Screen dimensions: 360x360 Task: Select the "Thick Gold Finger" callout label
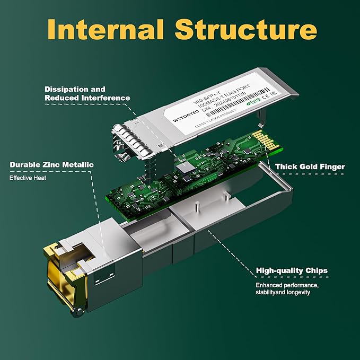[x=310, y=166]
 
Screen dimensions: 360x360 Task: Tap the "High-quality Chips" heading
[x=292, y=270]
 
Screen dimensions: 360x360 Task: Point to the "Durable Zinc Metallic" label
[x=51, y=164]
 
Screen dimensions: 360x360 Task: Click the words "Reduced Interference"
[x=87, y=98]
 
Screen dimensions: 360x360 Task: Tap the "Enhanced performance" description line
[x=287, y=285]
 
